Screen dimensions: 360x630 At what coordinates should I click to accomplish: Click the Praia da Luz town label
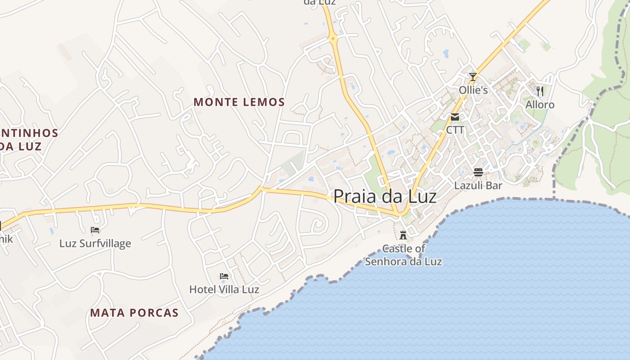pos(385,197)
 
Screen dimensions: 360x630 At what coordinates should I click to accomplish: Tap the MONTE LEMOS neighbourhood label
pos(239,102)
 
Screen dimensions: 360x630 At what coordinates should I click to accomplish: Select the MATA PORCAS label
pos(135,313)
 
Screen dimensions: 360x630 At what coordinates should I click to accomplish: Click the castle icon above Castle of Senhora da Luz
pos(403,235)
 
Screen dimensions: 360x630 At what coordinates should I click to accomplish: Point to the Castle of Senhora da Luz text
pos(404,255)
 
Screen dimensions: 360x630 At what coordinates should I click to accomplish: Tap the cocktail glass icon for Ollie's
pos(472,77)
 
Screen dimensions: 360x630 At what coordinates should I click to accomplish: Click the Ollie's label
pos(473,90)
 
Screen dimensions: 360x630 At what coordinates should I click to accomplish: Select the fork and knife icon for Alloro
pos(540,91)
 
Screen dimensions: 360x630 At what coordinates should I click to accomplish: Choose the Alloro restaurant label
pos(540,105)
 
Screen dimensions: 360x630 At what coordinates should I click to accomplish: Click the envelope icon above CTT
pos(455,117)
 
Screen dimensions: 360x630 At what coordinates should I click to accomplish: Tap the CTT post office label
pos(455,130)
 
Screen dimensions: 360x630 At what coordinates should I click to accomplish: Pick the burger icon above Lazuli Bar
pos(478,172)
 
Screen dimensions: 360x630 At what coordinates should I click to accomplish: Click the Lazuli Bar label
pos(478,185)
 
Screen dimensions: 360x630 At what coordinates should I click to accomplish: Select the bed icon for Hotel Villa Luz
pos(224,276)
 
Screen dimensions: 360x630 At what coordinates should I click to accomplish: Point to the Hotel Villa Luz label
pos(224,289)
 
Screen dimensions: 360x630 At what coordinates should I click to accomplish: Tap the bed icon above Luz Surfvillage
pos(95,230)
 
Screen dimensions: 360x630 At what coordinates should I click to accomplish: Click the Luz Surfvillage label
pos(95,243)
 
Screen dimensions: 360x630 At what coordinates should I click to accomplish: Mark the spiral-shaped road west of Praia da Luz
pos(318,223)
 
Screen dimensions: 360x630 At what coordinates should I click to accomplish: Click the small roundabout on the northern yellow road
pos(333,39)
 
